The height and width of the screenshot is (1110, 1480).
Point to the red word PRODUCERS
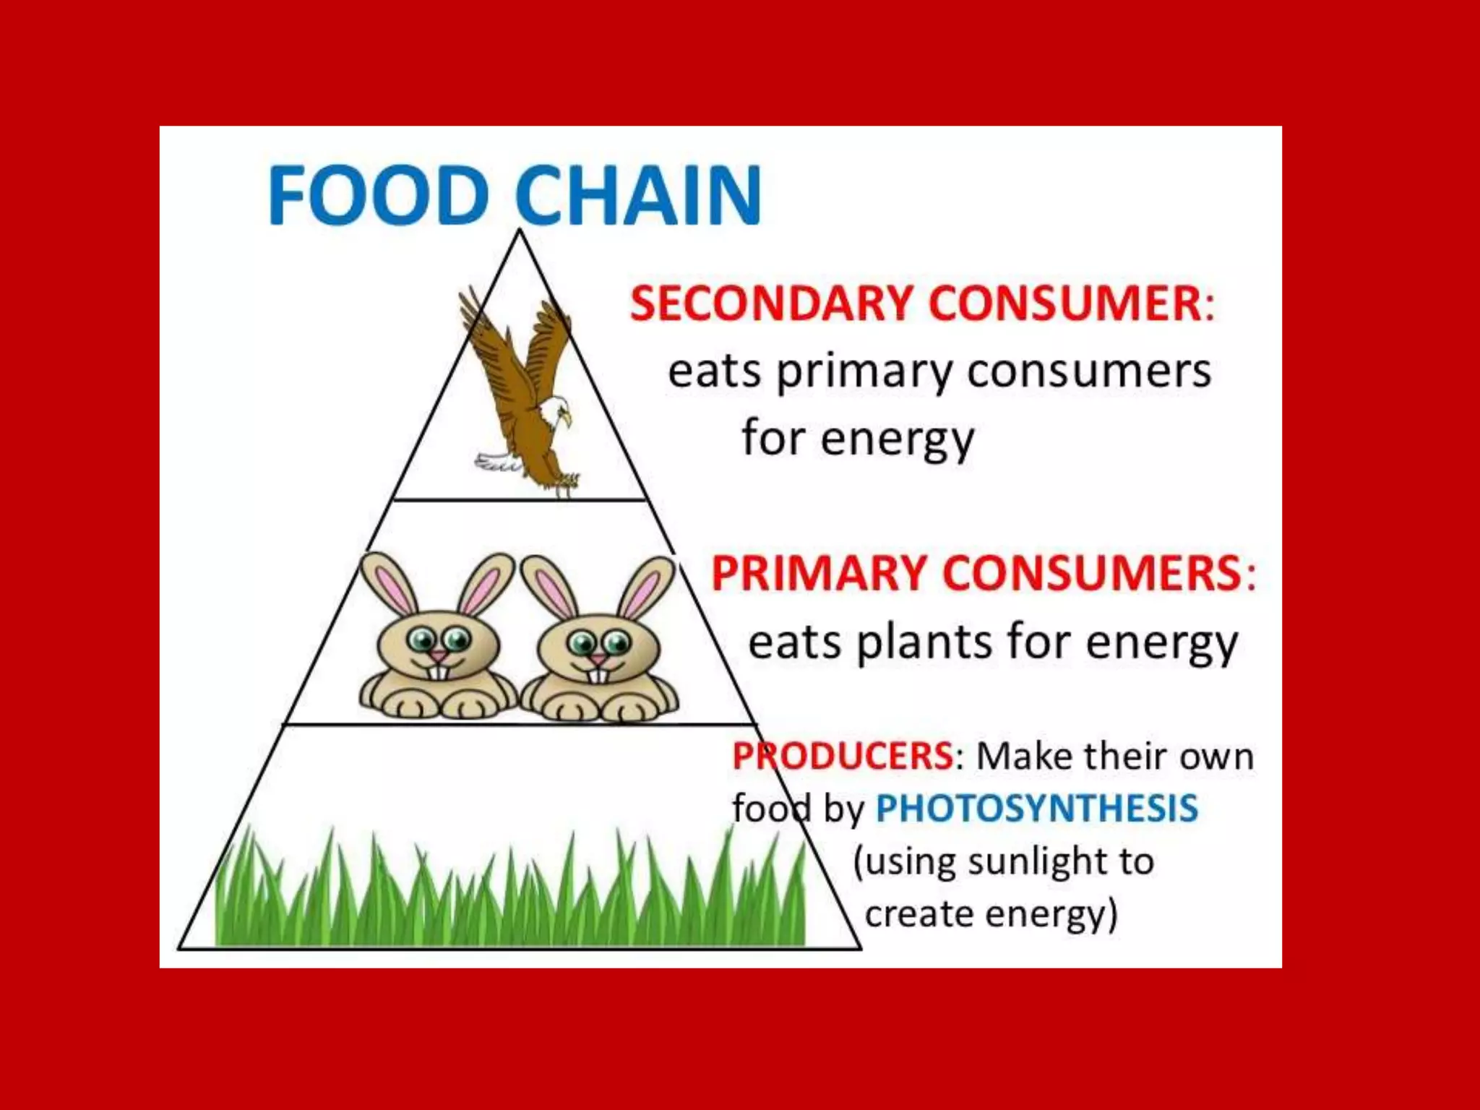pyautogui.click(x=843, y=756)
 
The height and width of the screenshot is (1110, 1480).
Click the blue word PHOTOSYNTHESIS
pyautogui.click(x=1037, y=808)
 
